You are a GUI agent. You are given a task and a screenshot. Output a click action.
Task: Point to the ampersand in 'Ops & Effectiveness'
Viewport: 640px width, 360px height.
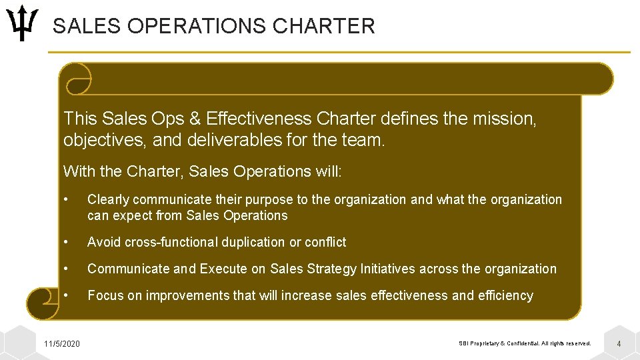click(x=195, y=119)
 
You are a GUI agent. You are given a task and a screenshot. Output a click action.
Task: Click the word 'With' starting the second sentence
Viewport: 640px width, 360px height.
click(x=79, y=171)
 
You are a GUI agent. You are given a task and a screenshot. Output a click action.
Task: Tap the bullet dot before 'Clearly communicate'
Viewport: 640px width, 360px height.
click(x=66, y=199)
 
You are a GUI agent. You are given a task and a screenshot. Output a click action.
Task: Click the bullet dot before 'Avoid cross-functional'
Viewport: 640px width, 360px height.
click(x=66, y=242)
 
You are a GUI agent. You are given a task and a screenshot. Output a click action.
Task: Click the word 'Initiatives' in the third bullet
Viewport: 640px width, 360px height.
click(x=390, y=269)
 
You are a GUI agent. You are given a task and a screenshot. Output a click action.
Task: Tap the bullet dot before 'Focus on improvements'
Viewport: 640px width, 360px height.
click(x=66, y=295)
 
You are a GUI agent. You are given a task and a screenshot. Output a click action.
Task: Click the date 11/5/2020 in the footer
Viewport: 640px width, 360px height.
click(x=62, y=343)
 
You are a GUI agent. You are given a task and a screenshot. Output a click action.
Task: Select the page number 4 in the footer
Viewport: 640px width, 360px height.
click(x=619, y=343)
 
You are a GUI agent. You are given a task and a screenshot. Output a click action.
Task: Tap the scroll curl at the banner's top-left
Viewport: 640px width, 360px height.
click(x=75, y=79)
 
